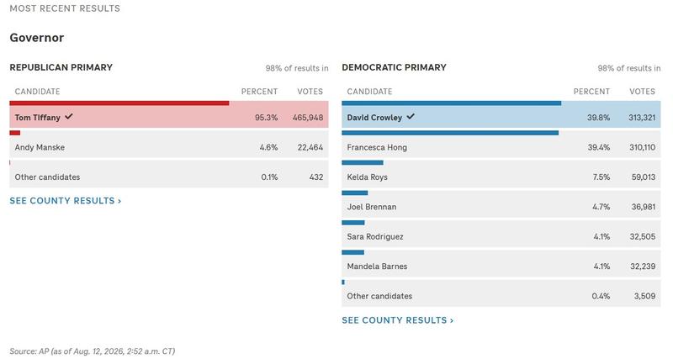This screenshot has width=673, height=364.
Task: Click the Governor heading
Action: (37, 38)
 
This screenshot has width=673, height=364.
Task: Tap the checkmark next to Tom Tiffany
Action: (69, 116)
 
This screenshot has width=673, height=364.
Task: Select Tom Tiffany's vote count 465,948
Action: (308, 118)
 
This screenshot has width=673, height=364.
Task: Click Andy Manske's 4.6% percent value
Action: (268, 147)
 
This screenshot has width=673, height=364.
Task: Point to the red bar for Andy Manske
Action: (14, 133)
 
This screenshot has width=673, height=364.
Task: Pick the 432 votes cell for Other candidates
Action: (316, 177)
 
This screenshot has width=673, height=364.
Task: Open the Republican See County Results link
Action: (66, 201)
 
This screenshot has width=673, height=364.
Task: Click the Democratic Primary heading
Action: (394, 67)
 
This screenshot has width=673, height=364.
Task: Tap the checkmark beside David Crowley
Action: (411, 116)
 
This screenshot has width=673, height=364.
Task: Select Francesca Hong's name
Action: (377, 147)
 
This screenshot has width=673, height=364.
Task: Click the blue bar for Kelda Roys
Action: (363, 163)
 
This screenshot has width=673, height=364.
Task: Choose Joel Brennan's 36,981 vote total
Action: (643, 207)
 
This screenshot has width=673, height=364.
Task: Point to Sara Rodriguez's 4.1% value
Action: (601, 237)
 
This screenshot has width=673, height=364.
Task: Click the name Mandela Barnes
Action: (377, 266)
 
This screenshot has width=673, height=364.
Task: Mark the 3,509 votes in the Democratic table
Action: (644, 296)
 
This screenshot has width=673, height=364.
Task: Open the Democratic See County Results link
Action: (397, 320)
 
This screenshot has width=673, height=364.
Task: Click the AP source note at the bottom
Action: (93, 351)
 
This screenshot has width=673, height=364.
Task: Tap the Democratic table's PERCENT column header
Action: (591, 92)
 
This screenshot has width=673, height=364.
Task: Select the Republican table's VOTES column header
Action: (310, 92)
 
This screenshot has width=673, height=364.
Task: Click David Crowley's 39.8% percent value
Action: (598, 118)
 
